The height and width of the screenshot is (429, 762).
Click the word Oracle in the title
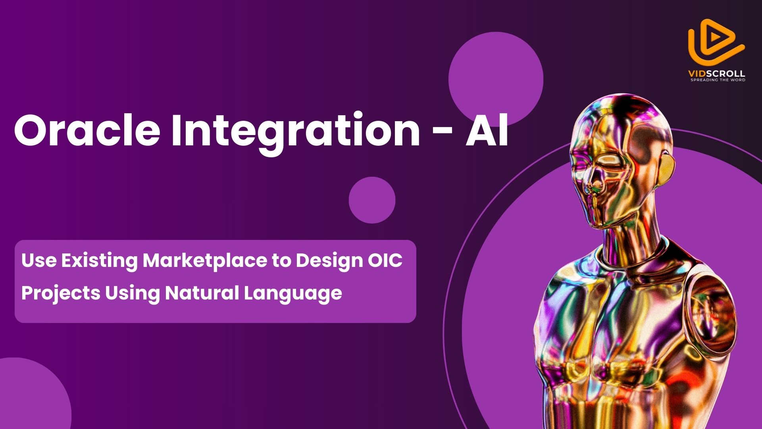[x=87, y=130]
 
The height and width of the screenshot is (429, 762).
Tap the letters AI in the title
[x=487, y=130]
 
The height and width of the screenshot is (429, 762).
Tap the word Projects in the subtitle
[x=61, y=294]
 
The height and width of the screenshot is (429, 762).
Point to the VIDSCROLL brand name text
[x=717, y=73]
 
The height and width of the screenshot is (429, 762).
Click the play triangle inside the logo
[x=715, y=37]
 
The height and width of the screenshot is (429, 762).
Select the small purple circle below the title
[x=372, y=200]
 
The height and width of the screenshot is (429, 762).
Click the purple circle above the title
[x=496, y=79]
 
